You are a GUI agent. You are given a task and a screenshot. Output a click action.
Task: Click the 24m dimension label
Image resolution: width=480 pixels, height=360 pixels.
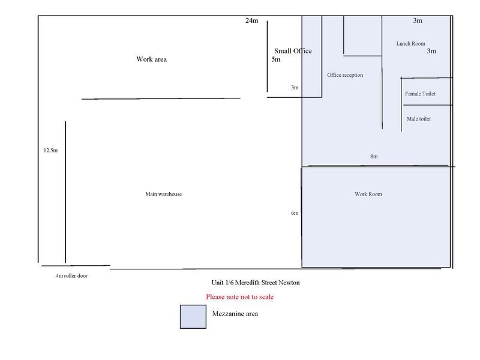click(x=251, y=20)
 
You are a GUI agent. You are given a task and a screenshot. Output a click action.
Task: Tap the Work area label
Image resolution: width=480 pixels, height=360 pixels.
click(x=152, y=59)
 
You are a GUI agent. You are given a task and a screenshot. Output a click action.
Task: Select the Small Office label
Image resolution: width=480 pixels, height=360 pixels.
click(x=293, y=51)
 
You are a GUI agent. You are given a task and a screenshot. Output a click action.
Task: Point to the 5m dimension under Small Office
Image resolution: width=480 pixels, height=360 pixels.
click(x=276, y=59)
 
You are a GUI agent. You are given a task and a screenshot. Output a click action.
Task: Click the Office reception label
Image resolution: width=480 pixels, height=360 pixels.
click(x=345, y=75)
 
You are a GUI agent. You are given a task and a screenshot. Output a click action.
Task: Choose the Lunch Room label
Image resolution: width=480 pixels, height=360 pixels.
click(x=410, y=43)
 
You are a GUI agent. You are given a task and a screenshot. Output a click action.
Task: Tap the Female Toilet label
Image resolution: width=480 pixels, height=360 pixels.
click(x=420, y=94)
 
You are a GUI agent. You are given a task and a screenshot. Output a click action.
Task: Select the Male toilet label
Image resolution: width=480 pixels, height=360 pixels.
click(x=418, y=119)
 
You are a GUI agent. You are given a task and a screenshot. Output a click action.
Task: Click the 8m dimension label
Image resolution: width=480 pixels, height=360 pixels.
click(x=374, y=157)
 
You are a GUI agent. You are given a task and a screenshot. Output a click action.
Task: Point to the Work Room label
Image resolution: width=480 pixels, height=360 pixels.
click(x=368, y=194)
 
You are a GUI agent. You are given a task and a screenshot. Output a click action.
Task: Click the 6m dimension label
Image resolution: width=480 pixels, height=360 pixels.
click(x=295, y=213)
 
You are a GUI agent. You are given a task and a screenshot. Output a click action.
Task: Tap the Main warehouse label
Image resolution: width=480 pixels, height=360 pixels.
click(x=163, y=194)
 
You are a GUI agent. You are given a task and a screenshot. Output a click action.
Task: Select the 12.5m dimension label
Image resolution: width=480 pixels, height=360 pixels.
click(x=50, y=151)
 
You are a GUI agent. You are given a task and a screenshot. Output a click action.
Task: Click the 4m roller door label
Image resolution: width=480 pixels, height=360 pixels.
click(x=71, y=276)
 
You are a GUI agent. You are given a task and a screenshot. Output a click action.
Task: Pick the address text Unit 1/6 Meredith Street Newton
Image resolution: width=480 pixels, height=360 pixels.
click(x=256, y=283)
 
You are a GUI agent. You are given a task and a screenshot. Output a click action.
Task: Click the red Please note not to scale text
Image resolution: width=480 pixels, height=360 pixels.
click(x=239, y=296)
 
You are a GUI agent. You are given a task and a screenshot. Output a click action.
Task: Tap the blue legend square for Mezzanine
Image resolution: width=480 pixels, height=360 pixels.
click(x=193, y=317)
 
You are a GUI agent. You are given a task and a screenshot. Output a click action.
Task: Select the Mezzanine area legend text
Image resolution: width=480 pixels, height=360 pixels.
click(x=235, y=313)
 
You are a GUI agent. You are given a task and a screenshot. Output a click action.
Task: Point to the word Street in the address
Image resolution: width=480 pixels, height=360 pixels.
click(x=269, y=283)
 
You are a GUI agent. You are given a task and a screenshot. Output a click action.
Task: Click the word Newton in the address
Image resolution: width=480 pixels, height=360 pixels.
click(x=289, y=283)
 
